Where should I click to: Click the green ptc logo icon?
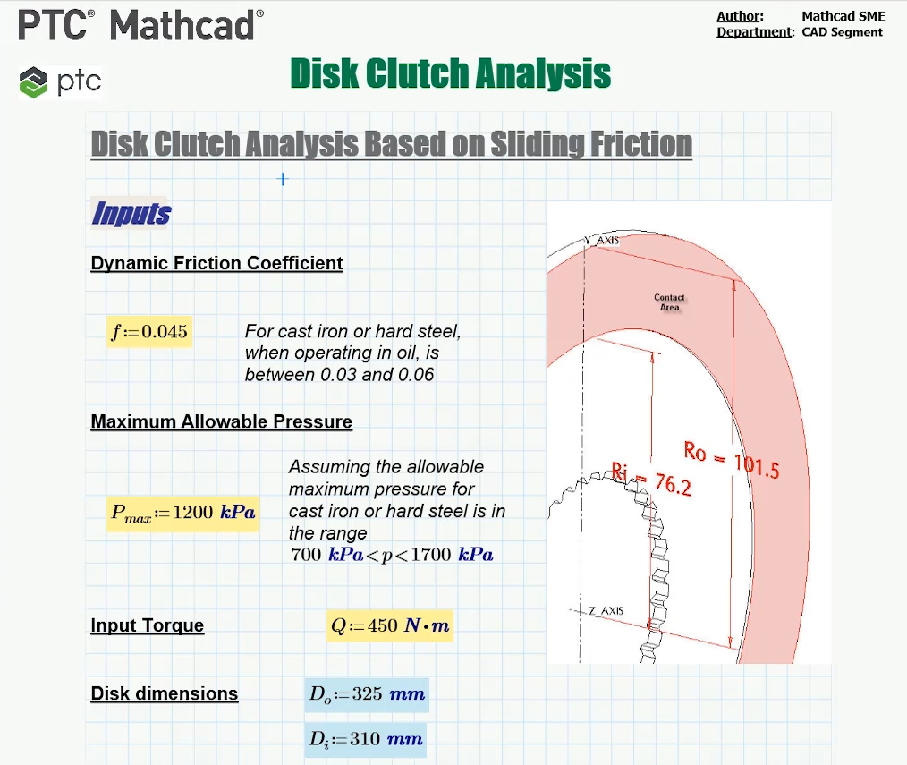point(33,82)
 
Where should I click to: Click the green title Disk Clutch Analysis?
point(451,73)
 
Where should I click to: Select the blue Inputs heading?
point(131,213)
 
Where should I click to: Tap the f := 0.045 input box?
point(149,332)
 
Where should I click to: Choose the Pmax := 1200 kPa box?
point(182,513)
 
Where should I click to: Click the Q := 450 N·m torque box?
point(390,625)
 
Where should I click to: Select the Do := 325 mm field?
point(367,694)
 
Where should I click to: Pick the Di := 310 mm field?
point(366,740)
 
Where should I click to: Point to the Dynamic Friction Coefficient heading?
point(217,263)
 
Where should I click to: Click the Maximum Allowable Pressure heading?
point(222,421)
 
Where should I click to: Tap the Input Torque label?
point(148,625)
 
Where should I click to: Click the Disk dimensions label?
point(165,693)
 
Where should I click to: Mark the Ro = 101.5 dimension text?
point(732,460)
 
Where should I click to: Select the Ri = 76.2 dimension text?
point(651,480)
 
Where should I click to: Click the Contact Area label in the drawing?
point(669,302)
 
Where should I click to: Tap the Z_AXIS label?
point(606,610)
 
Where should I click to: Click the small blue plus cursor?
point(283,179)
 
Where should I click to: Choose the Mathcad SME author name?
point(843,16)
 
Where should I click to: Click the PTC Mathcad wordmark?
point(140,25)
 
